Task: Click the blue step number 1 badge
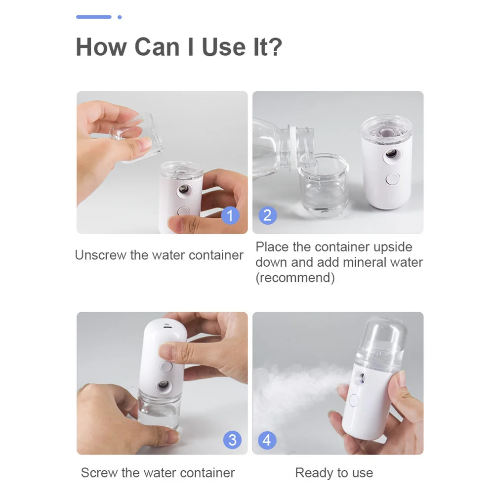click(230, 215)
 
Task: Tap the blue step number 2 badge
click(267, 215)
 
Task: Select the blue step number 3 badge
click(233, 440)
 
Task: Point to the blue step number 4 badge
click(267, 440)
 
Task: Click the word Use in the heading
click(223, 47)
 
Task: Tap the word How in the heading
click(101, 47)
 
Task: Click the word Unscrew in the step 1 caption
click(100, 255)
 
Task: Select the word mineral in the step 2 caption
click(364, 262)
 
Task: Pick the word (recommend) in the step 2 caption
click(295, 278)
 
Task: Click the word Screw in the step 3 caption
click(99, 473)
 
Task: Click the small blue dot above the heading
click(120, 17)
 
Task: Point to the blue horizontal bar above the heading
click(94, 17)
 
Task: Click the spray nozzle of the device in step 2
click(392, 154)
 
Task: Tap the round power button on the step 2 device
click(393, 179)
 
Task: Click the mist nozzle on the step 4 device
click(360, 378)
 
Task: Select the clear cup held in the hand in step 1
click(136, 138)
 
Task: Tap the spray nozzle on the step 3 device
click(164, 384)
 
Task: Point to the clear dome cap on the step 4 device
click(383, 341)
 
